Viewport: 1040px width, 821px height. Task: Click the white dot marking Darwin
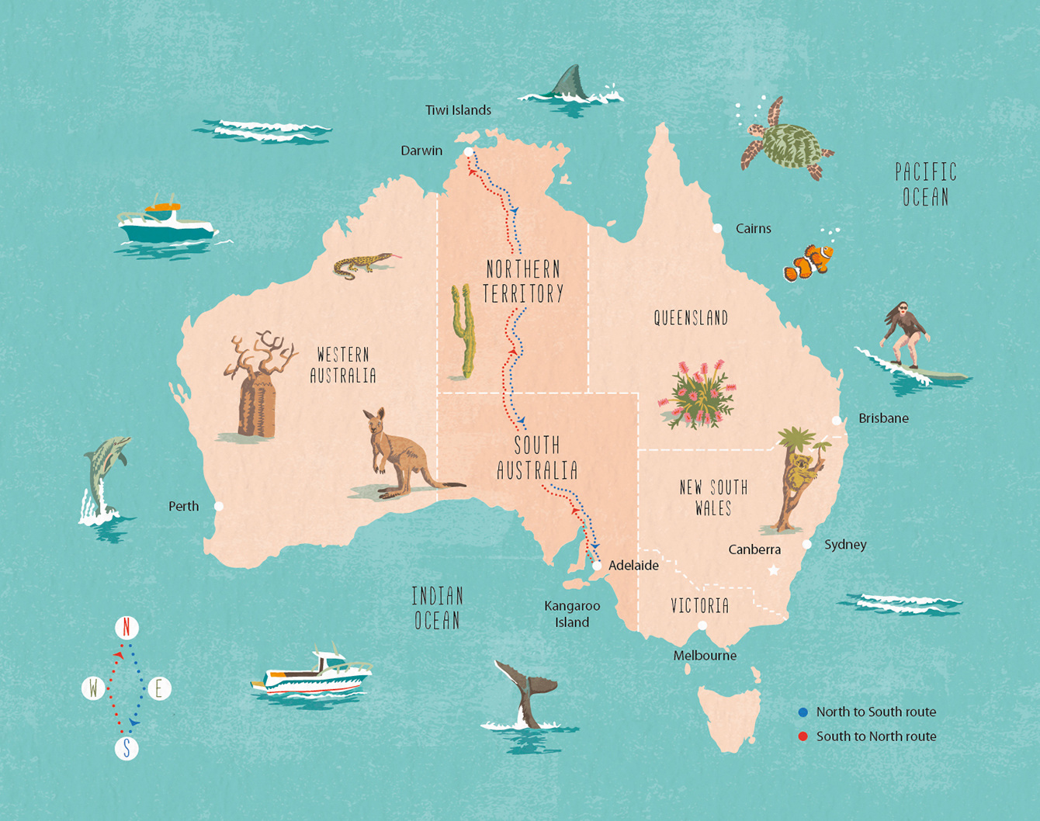(469, 152)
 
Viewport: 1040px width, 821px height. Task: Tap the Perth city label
(183, 506)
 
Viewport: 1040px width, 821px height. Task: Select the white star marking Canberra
(773, 570)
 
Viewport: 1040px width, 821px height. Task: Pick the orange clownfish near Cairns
(809, 262)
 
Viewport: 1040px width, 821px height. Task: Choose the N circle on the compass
(127, 627)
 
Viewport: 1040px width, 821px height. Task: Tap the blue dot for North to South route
(803, 712)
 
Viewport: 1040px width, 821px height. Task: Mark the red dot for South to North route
(803, 736)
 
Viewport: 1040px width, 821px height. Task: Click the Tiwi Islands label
(458, 110)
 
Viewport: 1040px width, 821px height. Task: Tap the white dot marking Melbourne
(702, 625)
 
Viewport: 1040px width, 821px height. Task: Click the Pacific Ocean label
(925, 184)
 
